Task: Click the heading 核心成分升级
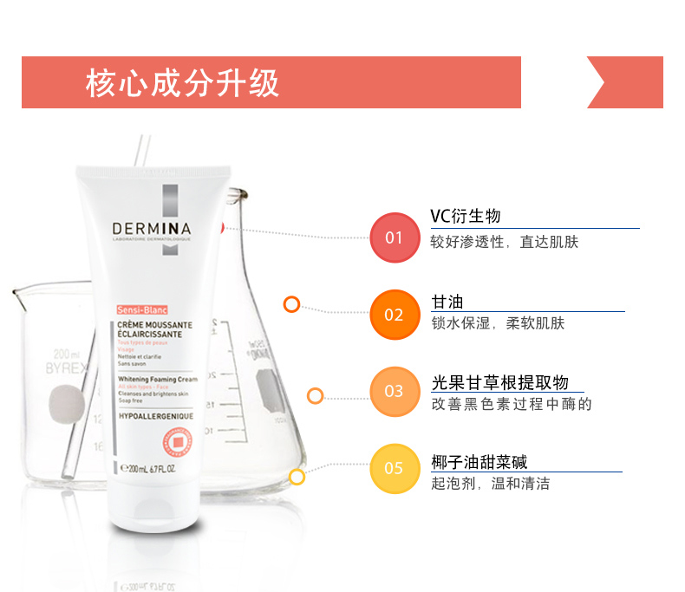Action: point(182,83)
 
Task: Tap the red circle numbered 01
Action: point(394,237)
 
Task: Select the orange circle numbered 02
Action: point(394,314)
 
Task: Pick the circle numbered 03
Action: point(394,392)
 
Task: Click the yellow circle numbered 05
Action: point(394,468)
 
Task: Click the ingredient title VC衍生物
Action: point(466,217)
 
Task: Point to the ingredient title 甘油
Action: point(447,302)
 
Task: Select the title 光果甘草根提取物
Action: point(499,383)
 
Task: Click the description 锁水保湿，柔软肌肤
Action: point(498,323)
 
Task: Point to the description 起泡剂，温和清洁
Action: point(490,484)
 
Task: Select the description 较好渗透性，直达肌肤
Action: point(504,242)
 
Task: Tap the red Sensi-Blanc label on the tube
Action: point(141,309)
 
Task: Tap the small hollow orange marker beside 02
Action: point(291,304)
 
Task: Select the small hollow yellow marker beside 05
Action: point(297,477)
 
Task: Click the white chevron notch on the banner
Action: point(598,83)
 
